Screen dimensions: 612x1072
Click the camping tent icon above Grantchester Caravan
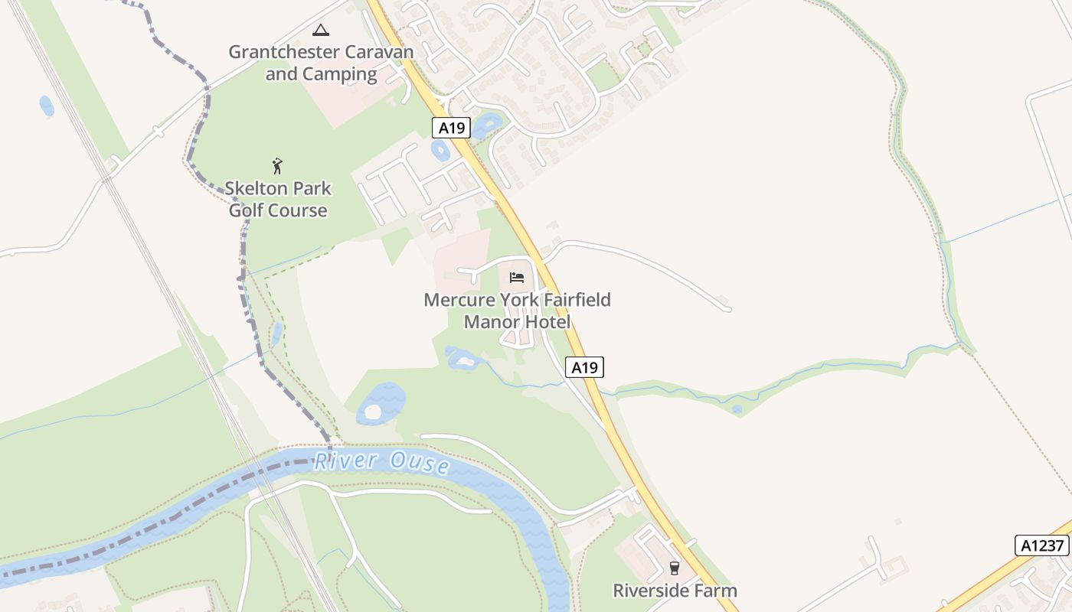pos(321,31)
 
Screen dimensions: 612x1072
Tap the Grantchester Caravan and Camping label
pos(321,63)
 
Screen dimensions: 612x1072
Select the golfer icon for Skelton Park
pos(277,165)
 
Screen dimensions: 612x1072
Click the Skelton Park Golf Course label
pos(278,199)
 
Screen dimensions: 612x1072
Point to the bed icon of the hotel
pos(517,277)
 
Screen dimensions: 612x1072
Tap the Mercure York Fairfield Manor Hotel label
pos(517,310)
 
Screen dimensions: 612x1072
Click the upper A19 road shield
pos(451,128)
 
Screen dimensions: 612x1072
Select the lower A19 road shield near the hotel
pos(584,368)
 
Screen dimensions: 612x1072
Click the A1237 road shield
pos(1041,545)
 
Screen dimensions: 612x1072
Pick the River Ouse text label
pos(381,461)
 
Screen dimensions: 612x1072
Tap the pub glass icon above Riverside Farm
pos(674,568)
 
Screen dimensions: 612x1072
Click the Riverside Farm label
pos(675,591)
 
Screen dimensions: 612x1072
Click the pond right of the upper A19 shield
pos(488,124)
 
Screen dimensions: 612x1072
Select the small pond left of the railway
pos(47,106)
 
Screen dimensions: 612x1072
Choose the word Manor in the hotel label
pos(490,321)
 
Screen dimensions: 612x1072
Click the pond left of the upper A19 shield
pos(440,151)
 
